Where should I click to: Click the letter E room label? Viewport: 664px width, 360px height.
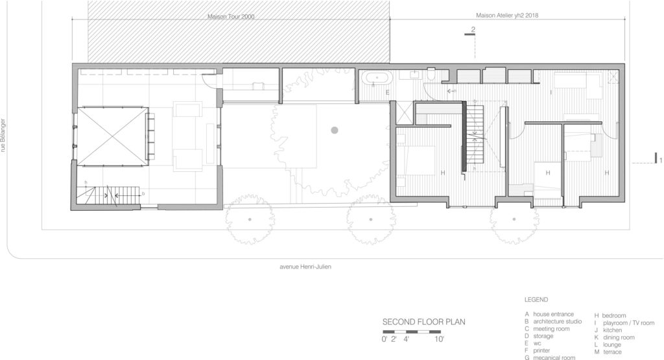[x=388, y=93]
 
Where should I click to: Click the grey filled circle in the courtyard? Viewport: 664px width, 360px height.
[x=335, y=130]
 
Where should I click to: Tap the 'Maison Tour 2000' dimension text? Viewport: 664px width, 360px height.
[x=230, y=16]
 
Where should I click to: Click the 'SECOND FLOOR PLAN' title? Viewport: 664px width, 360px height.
[x=423, y=321]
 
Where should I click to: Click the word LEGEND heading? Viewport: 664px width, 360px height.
[x=536, y=300]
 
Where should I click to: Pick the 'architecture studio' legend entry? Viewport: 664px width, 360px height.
[x=558, y=322]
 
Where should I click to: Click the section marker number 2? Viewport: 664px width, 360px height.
[x=473, y=30]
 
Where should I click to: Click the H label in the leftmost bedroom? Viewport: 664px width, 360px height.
[x=442, y=173]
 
